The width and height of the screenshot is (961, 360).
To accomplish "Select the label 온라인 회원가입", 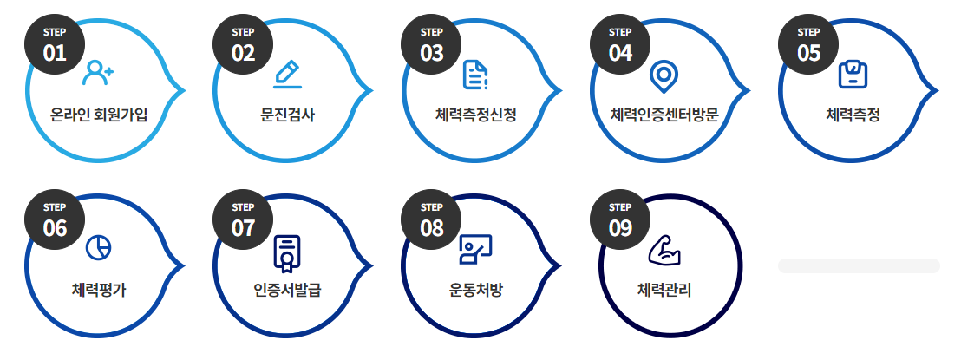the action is click(x=100, y=114).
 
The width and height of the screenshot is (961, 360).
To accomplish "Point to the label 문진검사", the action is click(x=287, y=114).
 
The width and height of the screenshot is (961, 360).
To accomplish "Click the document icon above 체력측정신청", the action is click(x=475, y=75).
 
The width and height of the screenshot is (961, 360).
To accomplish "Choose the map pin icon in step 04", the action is click(x=664, y=76).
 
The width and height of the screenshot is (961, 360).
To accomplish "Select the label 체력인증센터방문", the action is click(x=664, y=114).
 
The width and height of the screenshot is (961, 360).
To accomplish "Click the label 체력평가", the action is click(x=99, y=289).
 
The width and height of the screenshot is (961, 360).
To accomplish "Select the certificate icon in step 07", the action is click(x=286, y=252).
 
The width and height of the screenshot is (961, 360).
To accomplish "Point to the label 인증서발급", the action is click(x=287, y=289).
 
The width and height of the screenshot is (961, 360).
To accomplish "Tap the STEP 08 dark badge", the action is click(x=431, y=220).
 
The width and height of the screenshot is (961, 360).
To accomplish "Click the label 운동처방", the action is click(x=475, y=289).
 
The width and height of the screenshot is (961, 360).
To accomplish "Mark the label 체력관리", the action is click(x=664, y=289).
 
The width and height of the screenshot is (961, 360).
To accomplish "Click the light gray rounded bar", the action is click(x=859, y=265).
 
